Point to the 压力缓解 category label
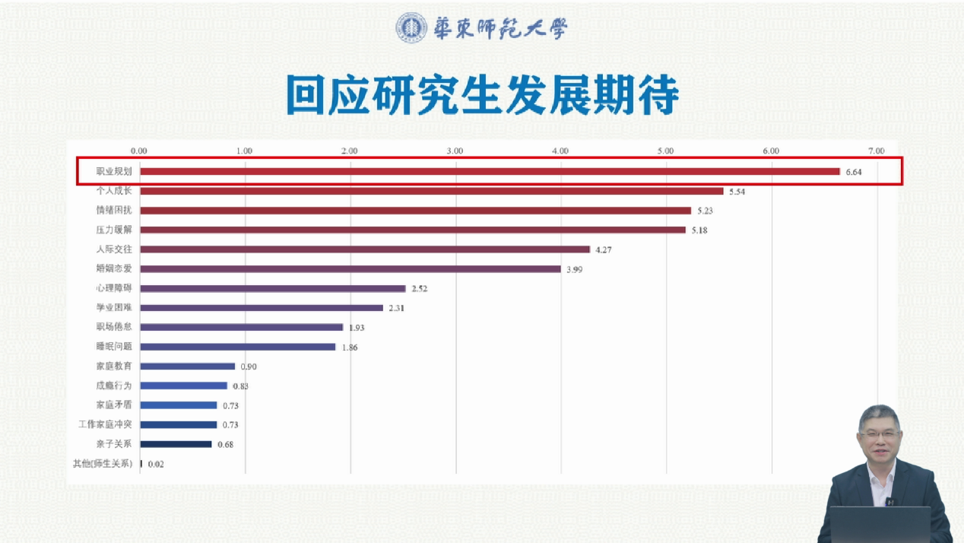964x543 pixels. [114, 230]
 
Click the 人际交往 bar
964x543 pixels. [365, 249]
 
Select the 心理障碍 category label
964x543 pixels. [114, 288]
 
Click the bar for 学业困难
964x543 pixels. [262, 308]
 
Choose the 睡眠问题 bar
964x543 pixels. [238, 347]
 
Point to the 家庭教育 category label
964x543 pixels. [114, 367]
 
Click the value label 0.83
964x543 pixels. [241, 386]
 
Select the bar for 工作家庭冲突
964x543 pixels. [179, 425]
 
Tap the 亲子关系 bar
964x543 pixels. [176, 444]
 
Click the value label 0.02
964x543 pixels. [157, 464]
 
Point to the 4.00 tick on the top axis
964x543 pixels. [560, 151]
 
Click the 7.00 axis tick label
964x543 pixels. [876, 151]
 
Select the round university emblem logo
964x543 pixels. [411, 28]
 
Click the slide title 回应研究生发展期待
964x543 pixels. [482, 95]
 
